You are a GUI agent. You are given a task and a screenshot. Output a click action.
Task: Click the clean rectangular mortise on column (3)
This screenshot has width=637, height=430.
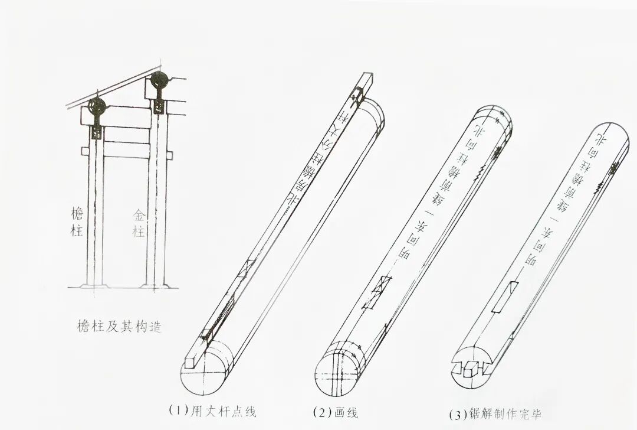point(509,296)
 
